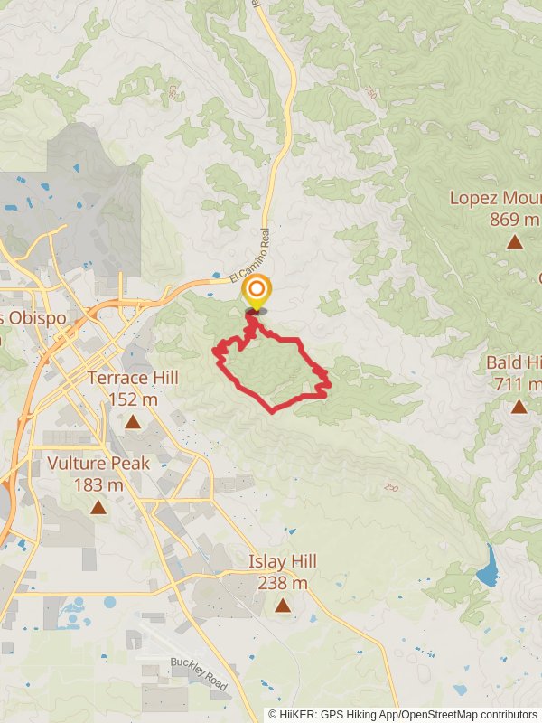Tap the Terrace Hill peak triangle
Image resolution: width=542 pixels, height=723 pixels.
coord(133,421)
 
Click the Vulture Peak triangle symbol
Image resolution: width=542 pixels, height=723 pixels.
coord(98,507)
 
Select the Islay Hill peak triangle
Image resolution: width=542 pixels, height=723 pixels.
coord(283,606)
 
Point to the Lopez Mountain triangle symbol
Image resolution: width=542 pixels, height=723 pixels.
coord(514,241)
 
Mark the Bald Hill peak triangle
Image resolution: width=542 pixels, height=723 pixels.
coord(519,407)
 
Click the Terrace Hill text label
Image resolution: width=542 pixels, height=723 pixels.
coord(133,378)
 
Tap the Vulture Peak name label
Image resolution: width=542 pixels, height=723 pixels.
coord(98,464)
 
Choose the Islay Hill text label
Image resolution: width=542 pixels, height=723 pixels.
coord(283,562)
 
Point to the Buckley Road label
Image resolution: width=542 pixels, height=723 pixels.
coord(199,674)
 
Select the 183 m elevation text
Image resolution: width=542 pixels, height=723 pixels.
coord(98,485)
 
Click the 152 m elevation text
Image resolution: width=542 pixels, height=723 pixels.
coord(133,399)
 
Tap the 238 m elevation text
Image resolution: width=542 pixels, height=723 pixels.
coord(283,583)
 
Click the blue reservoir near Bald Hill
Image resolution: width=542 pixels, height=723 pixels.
coord(489,568)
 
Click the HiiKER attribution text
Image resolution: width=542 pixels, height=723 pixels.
coord(402,714)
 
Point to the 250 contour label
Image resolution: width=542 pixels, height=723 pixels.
coord(389,488)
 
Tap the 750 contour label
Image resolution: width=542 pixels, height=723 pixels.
coord(369,94)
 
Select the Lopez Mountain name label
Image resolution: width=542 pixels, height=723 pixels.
coord(496,198)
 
